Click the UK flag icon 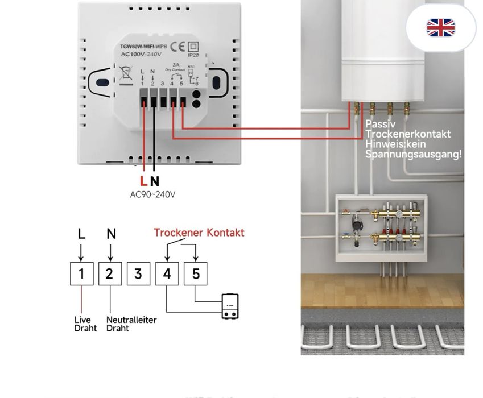[x=441, y=27]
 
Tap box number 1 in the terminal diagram [x=81, y=274]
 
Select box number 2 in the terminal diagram [x=110, y=274]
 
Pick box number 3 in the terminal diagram [x=138, y=274]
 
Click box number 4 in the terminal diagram [x=167, y=274]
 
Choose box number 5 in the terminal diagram [x=195, y=274]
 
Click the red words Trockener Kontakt [x=199, y=233]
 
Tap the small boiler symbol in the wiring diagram [x=230, y=306]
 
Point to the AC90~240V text [x=152, y=194]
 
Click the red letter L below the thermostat [x=143, y=181]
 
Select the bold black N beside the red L [x=155, y=181]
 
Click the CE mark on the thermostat [x=177, y=47]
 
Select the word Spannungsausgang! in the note [x=414, y=154]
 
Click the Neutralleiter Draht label [x=131, y=324]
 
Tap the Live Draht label [x=85, y=324]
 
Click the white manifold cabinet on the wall [x=381, y=228]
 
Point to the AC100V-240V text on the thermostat [x=140, y=55]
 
